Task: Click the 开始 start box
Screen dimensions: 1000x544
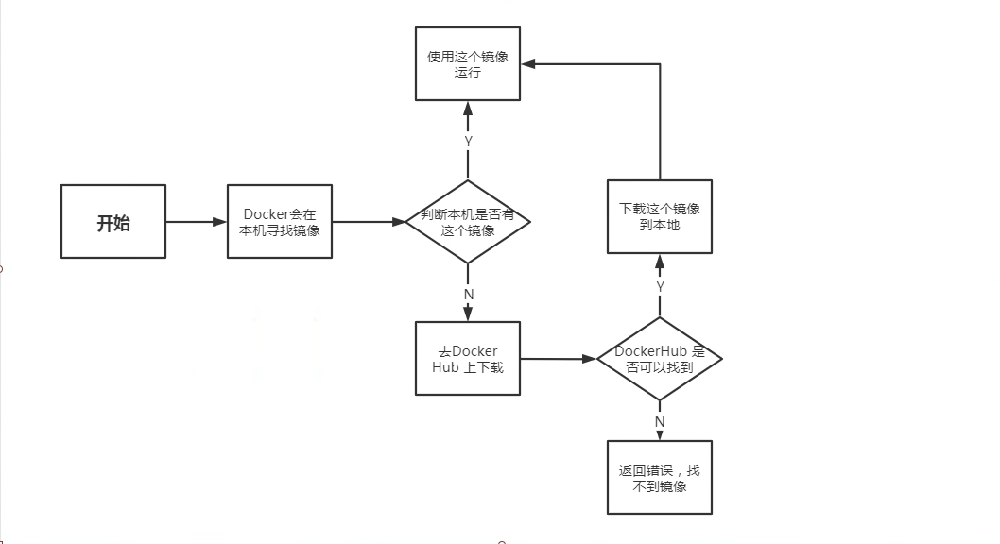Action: [113, 222]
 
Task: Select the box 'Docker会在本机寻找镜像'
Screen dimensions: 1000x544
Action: [280, 222]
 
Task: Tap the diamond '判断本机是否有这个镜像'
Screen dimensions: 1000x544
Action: [468, 222]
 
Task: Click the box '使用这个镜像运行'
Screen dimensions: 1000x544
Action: [468, 63]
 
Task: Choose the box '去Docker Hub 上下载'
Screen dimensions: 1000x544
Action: [468, 359]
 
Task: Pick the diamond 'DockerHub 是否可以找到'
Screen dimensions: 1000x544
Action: [660, 359]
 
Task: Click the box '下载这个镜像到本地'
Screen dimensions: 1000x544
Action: [660, 216]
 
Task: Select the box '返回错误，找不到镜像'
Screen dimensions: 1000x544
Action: [660, 478]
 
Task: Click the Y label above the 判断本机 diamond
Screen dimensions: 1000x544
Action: [468, 142]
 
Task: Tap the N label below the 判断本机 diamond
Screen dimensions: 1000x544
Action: [469, 295]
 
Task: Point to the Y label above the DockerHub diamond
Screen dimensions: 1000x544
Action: [660, 287]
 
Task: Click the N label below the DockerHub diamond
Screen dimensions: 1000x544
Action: [660, 422]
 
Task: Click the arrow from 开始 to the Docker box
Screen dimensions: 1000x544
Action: [197, 222]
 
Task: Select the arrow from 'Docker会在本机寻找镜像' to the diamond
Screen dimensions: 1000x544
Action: [370, 222]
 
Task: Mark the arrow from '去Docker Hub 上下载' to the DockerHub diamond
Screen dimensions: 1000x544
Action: [559, 359]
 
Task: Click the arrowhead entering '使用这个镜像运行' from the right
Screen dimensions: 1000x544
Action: [528, 63]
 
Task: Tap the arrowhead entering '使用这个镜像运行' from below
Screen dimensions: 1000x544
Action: [468, 109]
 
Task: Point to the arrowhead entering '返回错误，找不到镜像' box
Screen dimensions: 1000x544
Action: [660, 434]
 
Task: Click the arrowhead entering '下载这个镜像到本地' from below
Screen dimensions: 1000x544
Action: [660, 262]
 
